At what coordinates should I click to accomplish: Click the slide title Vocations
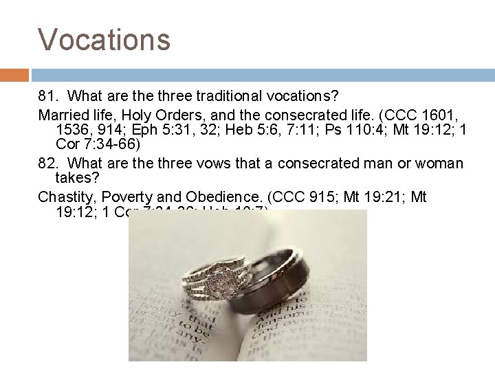coord(104,39)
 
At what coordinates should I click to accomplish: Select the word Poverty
coord(118,198)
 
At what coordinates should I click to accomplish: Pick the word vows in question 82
coord(208,164)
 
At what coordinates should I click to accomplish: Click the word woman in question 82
coord(439,164)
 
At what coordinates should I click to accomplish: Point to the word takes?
coord(74,181)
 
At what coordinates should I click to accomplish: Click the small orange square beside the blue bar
coord(14,75)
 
